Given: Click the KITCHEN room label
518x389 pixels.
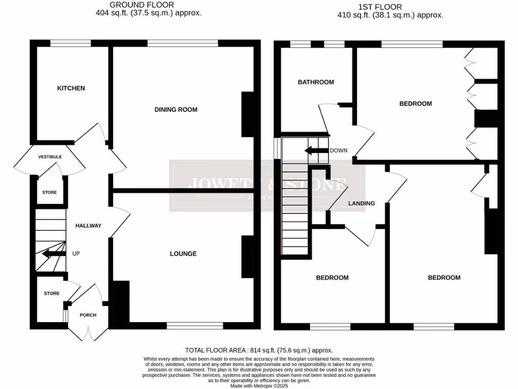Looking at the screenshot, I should (x=71, y=88).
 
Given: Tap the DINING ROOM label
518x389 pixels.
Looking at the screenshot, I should (x=176, y=109).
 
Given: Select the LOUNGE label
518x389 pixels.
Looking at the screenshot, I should (x=183, y=254).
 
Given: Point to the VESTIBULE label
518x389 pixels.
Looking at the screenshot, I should (x=50, y=157).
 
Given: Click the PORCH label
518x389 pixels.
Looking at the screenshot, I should (x=88, y=315).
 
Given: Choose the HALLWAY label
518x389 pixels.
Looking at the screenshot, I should (x=89, y=226).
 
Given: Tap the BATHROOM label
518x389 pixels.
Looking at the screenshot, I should (x=316, y=82).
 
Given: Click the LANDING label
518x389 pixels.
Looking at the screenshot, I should (x=362, y=204).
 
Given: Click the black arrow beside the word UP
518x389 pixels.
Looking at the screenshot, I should (x=53, y=254).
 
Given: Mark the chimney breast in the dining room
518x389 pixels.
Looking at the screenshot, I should (x=248, y=114).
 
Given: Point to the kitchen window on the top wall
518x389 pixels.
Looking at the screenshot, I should (x=70, y=44).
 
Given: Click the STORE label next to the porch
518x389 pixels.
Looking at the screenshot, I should (x=51, y=294).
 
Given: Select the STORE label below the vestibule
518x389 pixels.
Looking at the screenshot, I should (x=50, y=192).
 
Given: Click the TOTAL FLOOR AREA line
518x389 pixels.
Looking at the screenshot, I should (x=259, y=350).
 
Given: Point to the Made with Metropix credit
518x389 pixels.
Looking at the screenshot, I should (x=259, y=385).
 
